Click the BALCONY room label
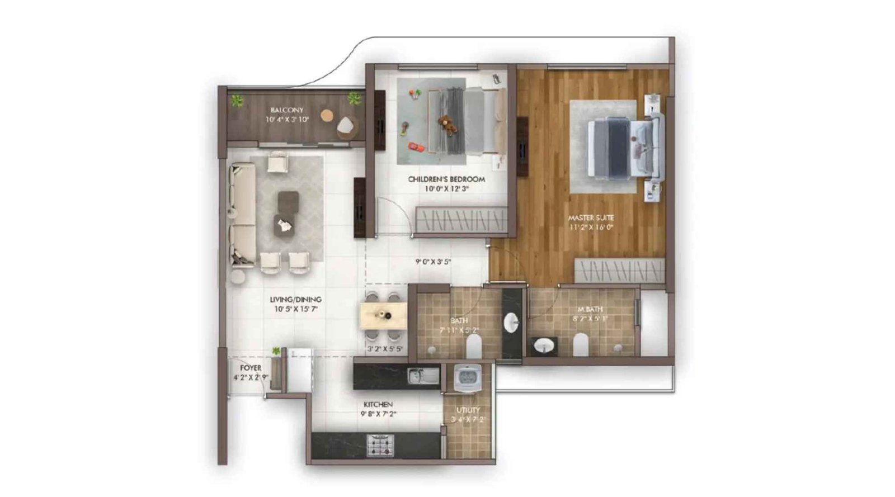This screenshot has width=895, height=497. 286,110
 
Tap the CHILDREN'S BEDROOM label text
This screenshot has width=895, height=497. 446,179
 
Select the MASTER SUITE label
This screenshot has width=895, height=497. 591,217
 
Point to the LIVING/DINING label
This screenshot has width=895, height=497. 295,300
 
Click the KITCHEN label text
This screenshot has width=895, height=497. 378,404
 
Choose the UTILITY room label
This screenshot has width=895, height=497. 468,410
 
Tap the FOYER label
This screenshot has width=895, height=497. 251,368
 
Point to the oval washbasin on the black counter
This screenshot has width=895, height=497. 511,323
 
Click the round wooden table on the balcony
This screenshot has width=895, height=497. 327,116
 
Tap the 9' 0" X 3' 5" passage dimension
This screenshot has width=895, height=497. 433,261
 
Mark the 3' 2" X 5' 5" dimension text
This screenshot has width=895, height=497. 385,349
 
